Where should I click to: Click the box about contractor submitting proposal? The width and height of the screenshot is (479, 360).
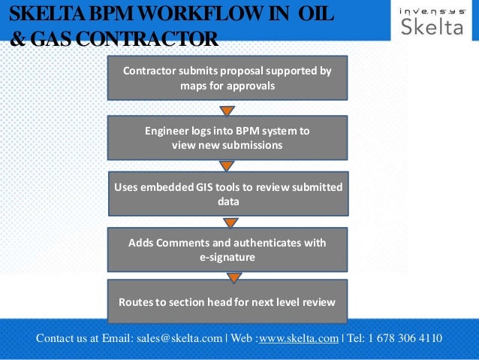click(227, 78)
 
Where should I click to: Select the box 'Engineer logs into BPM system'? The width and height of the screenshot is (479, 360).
click(227, 138)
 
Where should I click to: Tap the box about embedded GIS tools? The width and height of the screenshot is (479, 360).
click(227, 194)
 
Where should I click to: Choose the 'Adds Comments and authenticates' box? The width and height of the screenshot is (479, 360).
click(227, 250)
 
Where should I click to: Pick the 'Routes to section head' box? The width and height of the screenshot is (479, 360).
click(227, 301)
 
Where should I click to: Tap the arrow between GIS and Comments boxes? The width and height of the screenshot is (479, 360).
click(230, 222)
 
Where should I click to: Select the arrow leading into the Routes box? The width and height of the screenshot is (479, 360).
click(233, 277)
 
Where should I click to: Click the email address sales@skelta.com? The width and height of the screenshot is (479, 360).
click(179, 338)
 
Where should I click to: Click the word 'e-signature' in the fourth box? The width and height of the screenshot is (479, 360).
click(227, 257)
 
